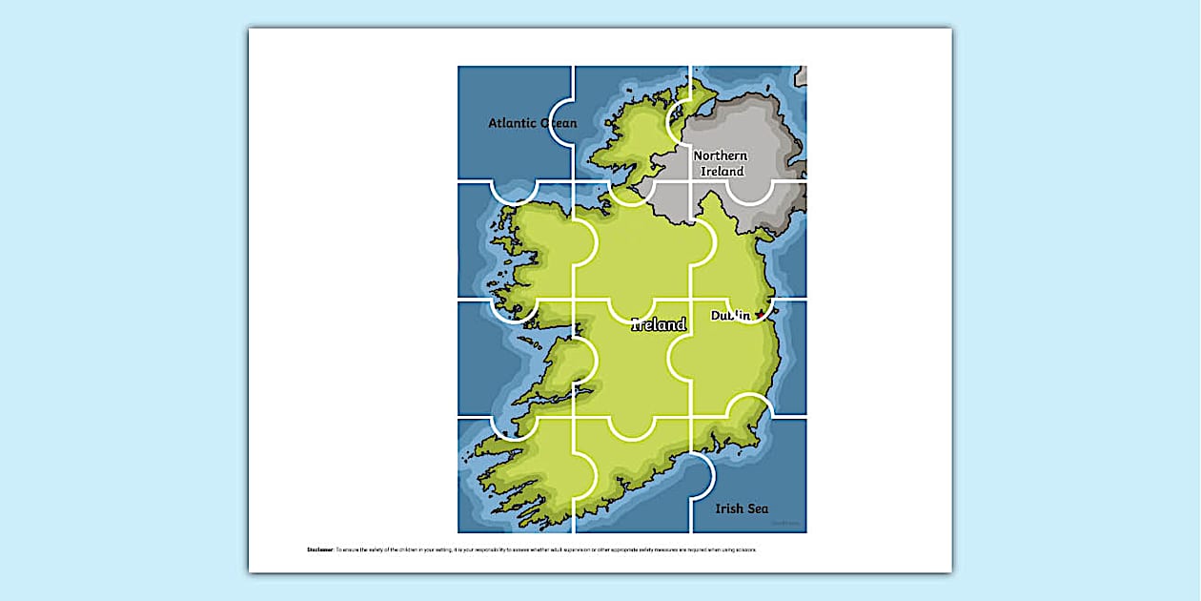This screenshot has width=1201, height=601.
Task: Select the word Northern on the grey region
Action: [x=721, y=155]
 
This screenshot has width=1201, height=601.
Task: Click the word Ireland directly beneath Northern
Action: [x=723, y=172]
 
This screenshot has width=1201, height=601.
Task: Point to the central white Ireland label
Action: [x=659, y=325]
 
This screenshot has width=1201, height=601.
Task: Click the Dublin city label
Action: [x=731, y=315]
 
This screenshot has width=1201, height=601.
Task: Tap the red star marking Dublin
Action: [x=760, y=314]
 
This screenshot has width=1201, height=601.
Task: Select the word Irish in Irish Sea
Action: [x=730, y=508]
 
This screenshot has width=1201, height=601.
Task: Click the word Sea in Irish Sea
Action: [x=758, y=508]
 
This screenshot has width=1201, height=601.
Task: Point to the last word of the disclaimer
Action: [x=746, y=550]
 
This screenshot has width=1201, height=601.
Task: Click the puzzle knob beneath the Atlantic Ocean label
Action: [x=515, y=191]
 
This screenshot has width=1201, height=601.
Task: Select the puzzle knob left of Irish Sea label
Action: [x=702, y=474]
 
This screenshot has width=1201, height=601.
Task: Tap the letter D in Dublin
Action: [x=717, y=315]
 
